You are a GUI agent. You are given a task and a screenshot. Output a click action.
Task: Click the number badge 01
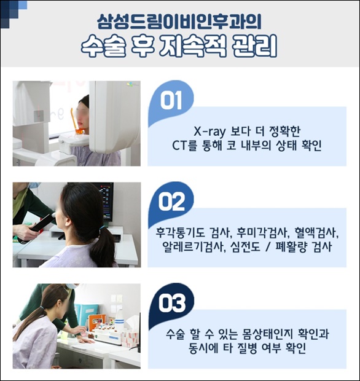point(171,100)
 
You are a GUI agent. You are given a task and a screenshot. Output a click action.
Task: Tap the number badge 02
point(171,202)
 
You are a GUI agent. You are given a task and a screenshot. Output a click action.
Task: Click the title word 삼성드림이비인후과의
point(179,22)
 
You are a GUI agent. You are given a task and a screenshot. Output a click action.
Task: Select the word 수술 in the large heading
point(104,46)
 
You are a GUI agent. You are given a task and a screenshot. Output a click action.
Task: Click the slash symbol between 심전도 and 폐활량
point(268,247)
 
